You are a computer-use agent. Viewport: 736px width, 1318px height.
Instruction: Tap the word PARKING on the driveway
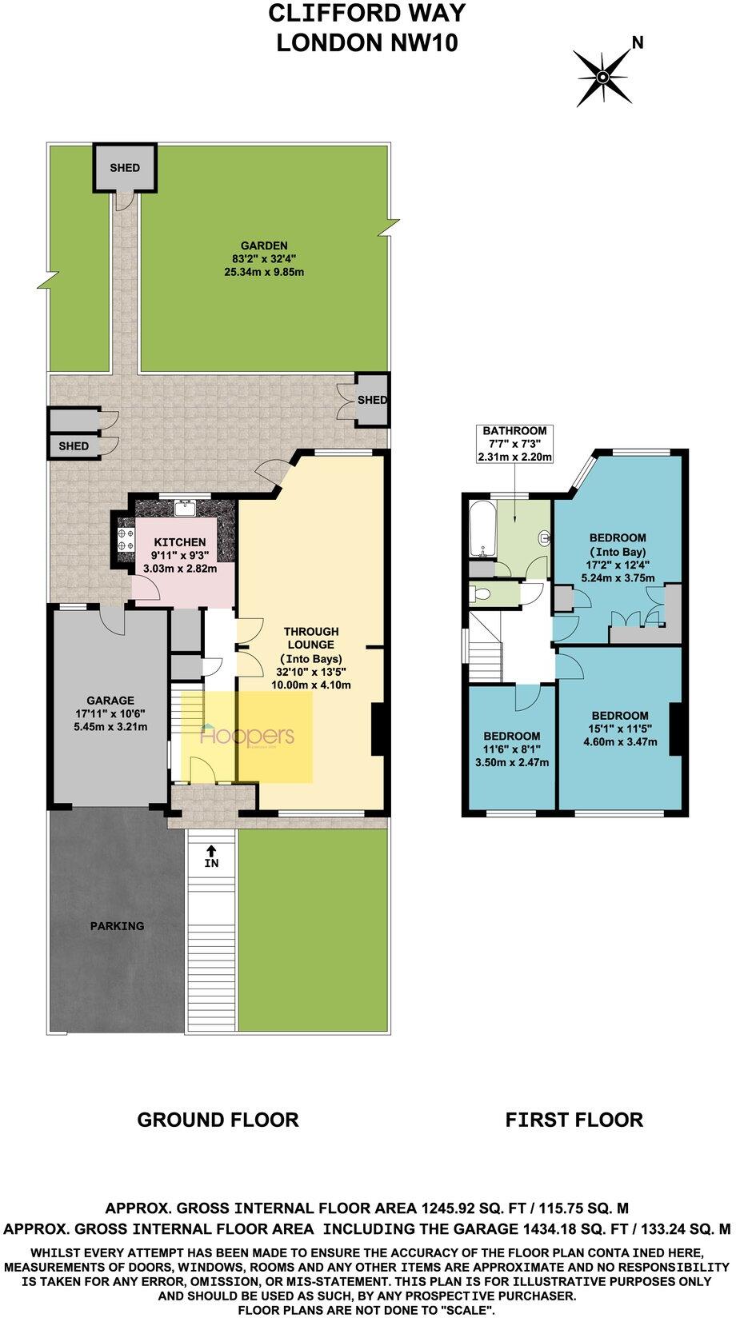click(x=117, y=925)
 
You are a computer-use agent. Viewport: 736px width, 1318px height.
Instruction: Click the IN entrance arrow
click(x=211, y=857)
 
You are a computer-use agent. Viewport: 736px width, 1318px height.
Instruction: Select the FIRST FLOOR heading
click(x=574, y=1119)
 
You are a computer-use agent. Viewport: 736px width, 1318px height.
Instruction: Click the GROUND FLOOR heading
click(x=218, y=1119)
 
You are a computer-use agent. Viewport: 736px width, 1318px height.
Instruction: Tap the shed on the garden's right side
click(x=370, y=399)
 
